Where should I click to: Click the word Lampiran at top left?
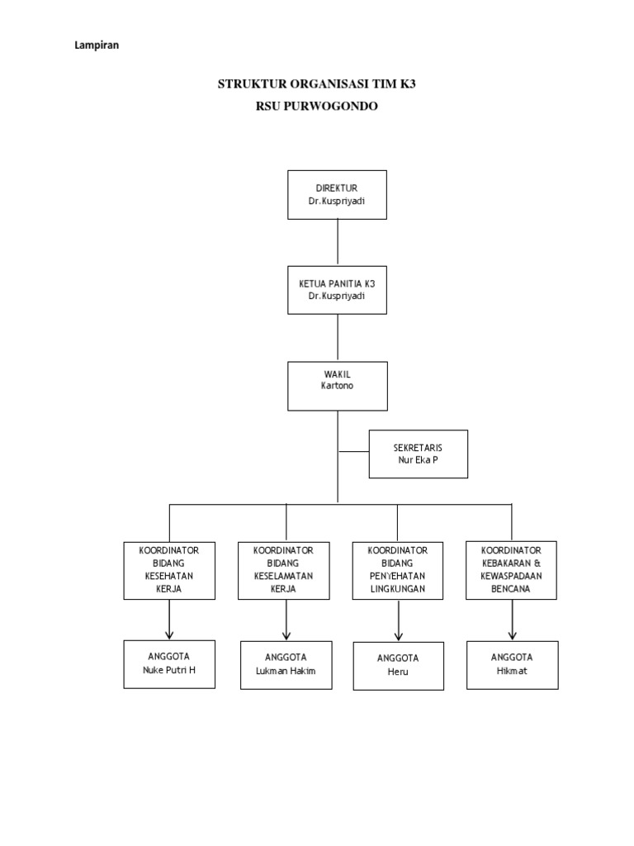(97, 46)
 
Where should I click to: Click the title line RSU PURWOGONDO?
(317, 106)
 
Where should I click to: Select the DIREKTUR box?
(337, 194)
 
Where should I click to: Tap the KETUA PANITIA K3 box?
(337, 289)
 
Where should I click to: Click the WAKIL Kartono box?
(337, 385)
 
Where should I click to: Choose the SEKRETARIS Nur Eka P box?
(418, 454)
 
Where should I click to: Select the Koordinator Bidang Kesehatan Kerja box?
(169, 570)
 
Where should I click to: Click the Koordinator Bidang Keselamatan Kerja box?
(286, 570)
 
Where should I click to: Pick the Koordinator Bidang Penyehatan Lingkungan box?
(397, 570)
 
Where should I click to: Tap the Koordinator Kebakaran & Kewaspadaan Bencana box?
(511, 570)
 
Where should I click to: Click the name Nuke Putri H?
(169, 670)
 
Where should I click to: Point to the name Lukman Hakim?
(286, 671)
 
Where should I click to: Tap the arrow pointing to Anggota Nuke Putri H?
(169, 620)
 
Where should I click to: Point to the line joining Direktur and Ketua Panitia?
(337, 242)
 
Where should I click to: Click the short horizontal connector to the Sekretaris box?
(352, 452)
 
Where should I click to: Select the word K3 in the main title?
(405, 84)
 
